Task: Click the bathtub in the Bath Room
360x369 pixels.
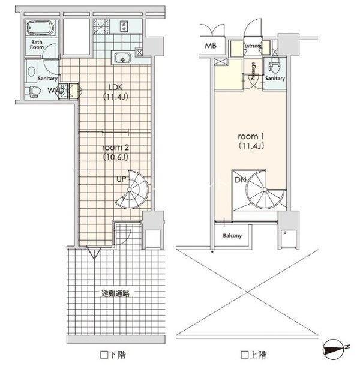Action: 40,28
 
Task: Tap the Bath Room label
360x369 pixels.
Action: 37,44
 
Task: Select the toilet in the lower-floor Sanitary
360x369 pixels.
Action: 32,91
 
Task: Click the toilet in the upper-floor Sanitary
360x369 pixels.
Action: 274,67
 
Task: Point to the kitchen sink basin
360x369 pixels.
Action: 122,58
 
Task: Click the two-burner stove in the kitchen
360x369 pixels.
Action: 124,26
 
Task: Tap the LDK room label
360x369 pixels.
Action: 116,92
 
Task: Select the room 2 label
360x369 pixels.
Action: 116,152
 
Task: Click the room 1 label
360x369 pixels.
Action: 251,141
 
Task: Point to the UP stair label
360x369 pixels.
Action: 121,179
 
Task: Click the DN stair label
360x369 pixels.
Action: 240,180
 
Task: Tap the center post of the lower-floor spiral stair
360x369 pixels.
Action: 129,190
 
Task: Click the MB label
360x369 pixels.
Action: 211,46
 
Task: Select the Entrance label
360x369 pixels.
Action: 253,46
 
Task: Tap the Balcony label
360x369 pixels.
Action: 232,236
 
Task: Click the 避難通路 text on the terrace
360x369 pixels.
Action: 115,293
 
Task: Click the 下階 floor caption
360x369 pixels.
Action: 113,355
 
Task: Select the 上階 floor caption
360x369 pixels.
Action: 254,355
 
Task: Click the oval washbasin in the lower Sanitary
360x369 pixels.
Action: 31,71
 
